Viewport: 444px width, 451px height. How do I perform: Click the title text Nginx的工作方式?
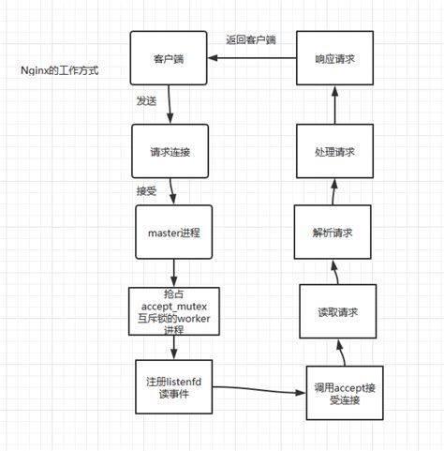coord(59,70)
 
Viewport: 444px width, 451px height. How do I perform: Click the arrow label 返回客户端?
coord(251,40)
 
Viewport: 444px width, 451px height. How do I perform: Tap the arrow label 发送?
coord(145,99)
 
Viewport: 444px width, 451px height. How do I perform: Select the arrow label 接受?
coord(147,190)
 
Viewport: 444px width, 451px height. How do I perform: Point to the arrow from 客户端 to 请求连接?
coord(170,105)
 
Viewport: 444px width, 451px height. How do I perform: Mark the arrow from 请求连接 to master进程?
coord(171,191)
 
